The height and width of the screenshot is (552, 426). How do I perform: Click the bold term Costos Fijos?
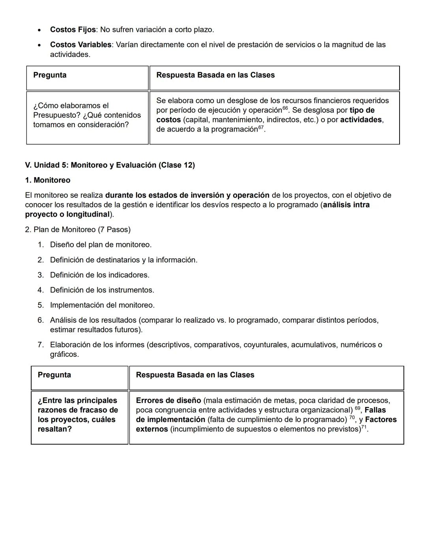coord(73,30)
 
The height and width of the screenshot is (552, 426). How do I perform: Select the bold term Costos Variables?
coord(80,45)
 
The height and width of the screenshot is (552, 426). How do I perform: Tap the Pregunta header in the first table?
coord(50,75)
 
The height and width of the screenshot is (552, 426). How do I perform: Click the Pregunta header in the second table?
coord(54,375)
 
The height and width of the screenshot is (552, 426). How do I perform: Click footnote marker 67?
coord(261,127)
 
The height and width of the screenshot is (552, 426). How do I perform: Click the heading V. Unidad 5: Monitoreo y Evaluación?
coord(110,165)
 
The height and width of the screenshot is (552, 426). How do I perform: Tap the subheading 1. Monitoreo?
coord(47,180)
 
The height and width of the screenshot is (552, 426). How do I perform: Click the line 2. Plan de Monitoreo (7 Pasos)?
coord(78,230)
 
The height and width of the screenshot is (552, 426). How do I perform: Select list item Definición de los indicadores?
coord(99,275)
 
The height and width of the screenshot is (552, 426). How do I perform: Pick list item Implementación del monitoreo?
coord(102,305)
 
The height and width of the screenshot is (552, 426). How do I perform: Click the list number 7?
coord(41,345)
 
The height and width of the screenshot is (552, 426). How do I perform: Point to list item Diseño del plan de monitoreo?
coord(101,245)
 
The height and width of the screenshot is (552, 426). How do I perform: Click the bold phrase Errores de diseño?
coord(168,401)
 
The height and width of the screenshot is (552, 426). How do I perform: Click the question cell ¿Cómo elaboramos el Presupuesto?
coord(87,115)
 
